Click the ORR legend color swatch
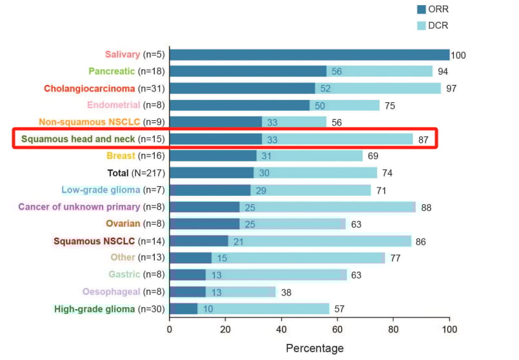(x=422, y=10)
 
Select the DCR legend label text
(x=439, y=26)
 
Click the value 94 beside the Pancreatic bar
(x=442, y=71)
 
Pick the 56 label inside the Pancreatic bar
(x=336, y=71)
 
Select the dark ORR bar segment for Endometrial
(x=239, y=105)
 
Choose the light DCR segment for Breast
(x=309, y=156)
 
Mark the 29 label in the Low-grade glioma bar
(x=260, y=190)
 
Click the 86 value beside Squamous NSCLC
(x=421, y=242)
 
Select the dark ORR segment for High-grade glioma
(x=183, y=308)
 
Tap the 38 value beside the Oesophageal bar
(x=286, y=292)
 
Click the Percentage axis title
(x=315, y=348)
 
